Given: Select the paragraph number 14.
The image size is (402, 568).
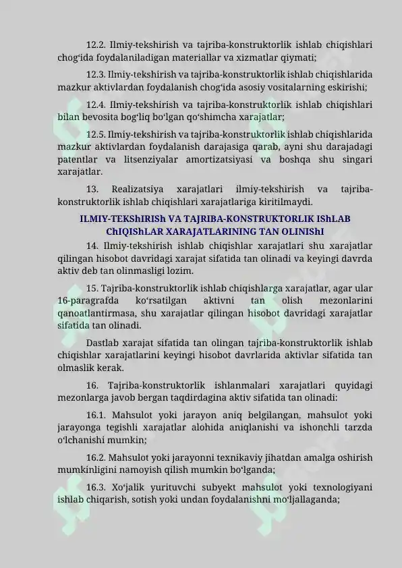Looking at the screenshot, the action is [x=92, y=246].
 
